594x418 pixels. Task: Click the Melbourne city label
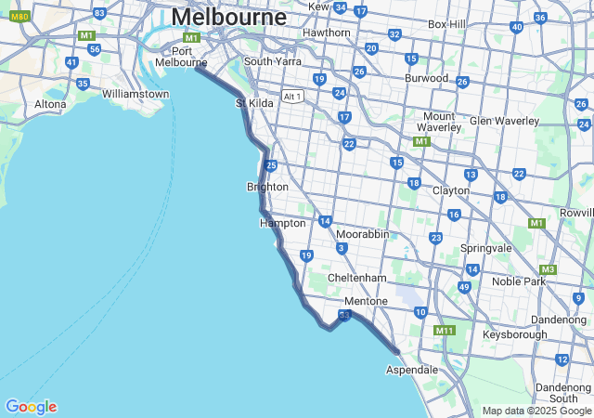(x=229, y=17)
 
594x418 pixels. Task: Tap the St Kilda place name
(x=255, y=103)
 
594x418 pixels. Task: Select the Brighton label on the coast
(x=267, y=187)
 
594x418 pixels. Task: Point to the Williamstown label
(x=136, y=94)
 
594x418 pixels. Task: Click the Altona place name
(x=50, y=104)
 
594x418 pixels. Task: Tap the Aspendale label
(x=412, y=370)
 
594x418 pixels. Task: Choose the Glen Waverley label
(x=505, y=121)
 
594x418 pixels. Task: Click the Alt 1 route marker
(x=293, y=96)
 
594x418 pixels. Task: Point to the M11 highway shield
(x=445, y=330)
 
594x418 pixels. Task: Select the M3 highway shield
(x=549, y=269)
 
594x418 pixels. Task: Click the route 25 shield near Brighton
(x=271, y=165)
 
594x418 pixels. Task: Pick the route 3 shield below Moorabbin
(x=342, y=248)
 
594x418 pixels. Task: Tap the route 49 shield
(x=463, y=287)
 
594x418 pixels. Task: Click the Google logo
(x=31, y=407)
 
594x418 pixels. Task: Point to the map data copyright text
(x=536, y=411)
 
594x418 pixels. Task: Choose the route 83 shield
(x=99, y=13)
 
